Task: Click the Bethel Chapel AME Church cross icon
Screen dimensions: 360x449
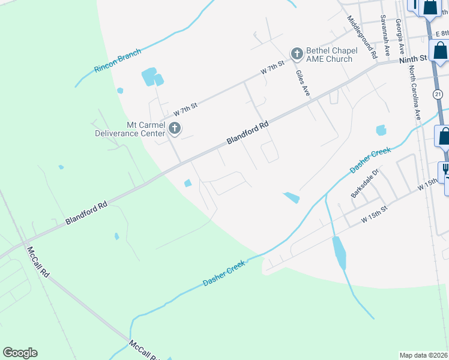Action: [x=297, y=54]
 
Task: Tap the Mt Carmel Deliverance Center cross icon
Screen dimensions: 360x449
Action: [x=175, y=128]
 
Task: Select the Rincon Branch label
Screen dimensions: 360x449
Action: [x=117, y=61]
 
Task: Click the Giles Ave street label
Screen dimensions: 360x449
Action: [x=303, y=83]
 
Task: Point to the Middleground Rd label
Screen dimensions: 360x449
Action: [x=361, y=37]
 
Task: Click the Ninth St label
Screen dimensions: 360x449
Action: [x=412, y=58]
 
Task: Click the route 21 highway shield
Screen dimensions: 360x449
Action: [x=438, y=94]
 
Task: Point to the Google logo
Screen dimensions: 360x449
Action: [x=20, y=353]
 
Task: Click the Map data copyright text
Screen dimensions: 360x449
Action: [x=423, y=355]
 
